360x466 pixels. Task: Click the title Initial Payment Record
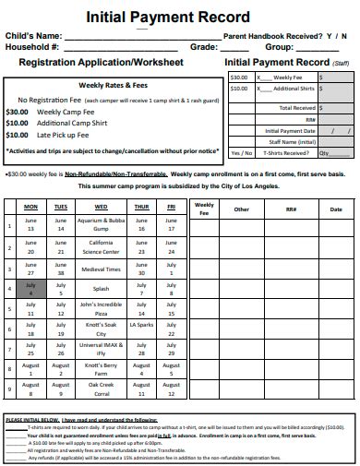[168, 17]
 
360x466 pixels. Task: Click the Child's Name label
[36, 35]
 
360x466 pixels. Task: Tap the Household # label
[33, 46]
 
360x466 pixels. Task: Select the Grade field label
[204, 46]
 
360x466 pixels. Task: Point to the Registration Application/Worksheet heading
[102, 63]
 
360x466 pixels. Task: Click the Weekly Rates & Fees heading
[114, 84]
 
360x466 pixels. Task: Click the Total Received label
[297, 108]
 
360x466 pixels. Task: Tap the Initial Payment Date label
[292, 130]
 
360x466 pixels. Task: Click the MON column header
[30, 207]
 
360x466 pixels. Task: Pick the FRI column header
[171, 207]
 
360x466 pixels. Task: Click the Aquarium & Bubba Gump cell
[101, 225]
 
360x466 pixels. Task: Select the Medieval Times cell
[101, 269]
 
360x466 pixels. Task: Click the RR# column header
[291, 209]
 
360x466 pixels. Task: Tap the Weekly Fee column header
[205, 209]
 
